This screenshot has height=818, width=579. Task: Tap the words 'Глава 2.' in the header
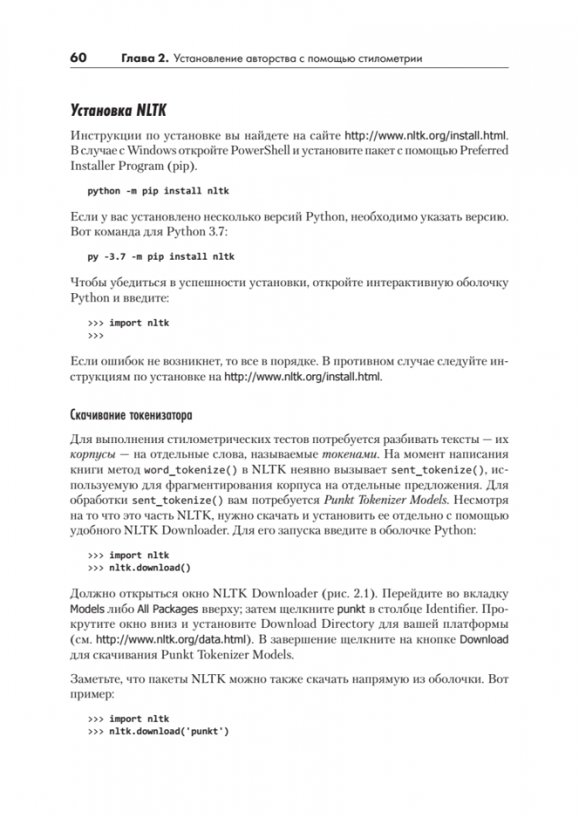click(144, 58)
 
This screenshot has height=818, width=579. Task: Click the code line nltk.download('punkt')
click(169, 731)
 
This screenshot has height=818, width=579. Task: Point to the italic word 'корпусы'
click(92, 455)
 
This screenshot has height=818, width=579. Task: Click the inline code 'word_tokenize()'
click(158, 470)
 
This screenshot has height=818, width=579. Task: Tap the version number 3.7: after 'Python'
click(184, 229)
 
